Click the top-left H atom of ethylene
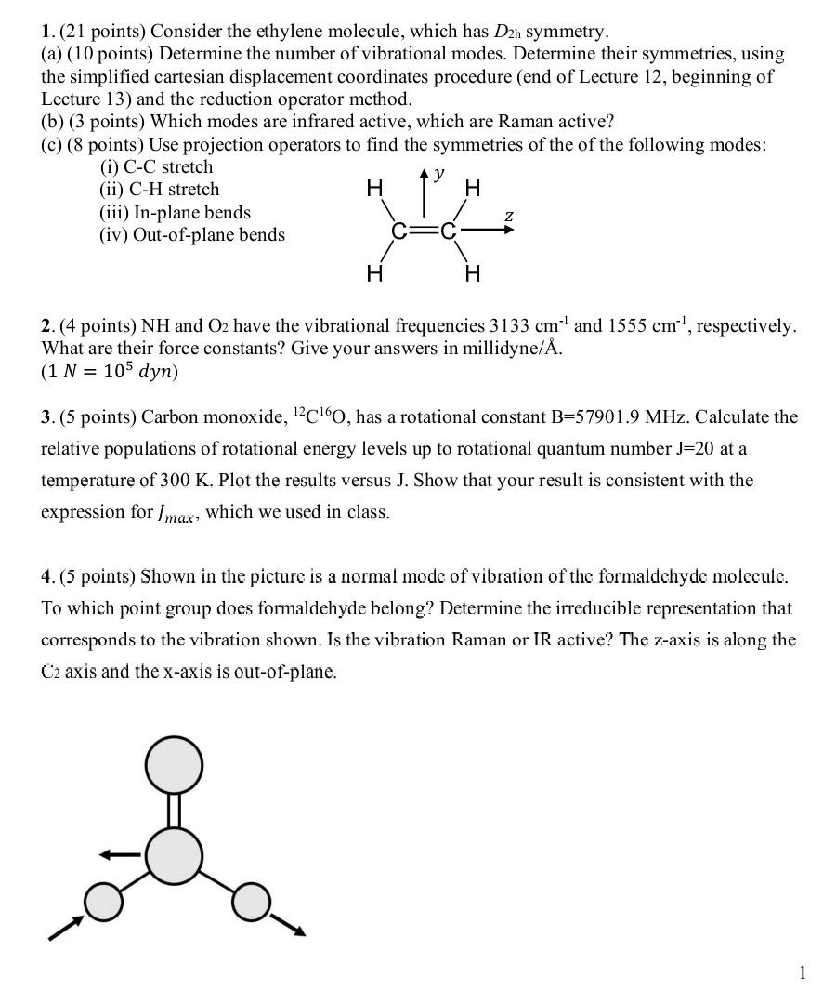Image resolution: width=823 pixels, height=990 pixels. click(x=374, y=189)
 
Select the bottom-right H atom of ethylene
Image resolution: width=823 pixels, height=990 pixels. click(x=473, y=272)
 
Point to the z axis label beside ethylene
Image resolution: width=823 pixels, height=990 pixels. click(x=508, y=216)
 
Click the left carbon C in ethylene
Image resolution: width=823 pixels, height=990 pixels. click(x=400, y=231)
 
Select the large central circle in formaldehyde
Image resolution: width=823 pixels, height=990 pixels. click(x=174, y=855)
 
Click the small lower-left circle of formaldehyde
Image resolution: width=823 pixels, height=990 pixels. click(x=104, y=901)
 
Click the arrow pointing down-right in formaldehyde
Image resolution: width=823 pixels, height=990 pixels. click(x=287, y=924)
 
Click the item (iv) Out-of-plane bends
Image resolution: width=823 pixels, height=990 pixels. click(x=192, y=235)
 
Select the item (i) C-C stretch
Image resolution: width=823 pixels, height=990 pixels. click(x=156, y=167)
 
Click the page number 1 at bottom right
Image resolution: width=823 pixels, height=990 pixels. click(x=803, y=972)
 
